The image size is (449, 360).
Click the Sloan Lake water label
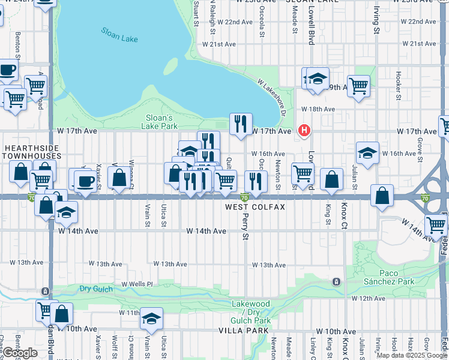[x=119, y=35]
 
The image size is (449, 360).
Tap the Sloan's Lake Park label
[x=160, y=122]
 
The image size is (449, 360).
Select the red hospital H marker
[x=305, y=130]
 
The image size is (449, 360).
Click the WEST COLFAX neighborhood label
[x=254, y=207]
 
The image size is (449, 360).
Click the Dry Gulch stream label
[x=96, y=289]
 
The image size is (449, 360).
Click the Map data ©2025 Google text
[x=411, y=355]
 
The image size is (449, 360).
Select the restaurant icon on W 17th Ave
[x=240, y=125]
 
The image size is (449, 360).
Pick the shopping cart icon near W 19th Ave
[x=358, y=86]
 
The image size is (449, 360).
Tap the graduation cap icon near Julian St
[x=367, y=152]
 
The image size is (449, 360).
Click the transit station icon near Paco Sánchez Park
[x=337, y=281]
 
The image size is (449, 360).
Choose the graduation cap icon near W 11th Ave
[x=151, y=319]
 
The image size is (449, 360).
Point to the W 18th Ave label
[x=318, y=109]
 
